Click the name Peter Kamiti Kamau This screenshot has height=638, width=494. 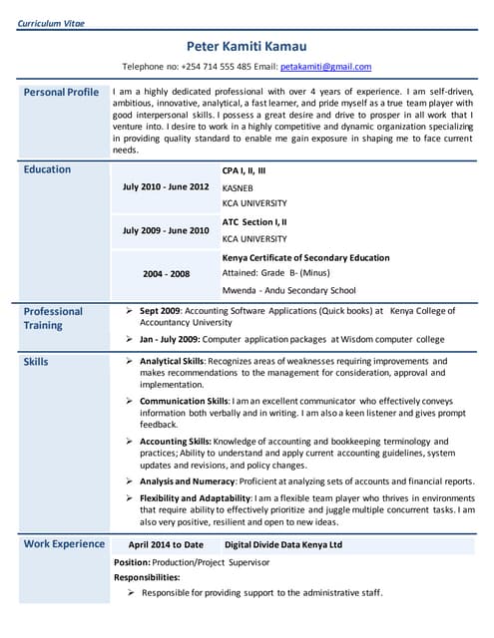[247, 46]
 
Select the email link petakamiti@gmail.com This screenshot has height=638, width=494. [325, 67]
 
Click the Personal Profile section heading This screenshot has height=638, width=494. [61, 93]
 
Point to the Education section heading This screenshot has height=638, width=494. [47, 169]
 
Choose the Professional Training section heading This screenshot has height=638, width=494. [53, 318]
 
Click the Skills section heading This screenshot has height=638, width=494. [35, 361]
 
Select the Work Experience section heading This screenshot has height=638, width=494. [64, 544]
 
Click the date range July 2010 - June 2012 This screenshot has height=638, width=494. [166, 186]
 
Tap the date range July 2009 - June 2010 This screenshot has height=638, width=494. [166, 230]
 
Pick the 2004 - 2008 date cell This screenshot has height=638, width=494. [166, 273]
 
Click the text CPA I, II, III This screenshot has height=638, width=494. [244, 170]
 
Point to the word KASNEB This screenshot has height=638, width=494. [238, 187]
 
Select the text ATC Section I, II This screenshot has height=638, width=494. [254, 222]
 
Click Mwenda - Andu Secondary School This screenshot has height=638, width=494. [288, 291]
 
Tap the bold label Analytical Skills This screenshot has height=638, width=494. [172, 361]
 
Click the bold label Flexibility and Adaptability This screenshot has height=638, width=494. [195, 497]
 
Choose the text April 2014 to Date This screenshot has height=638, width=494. [166, 545]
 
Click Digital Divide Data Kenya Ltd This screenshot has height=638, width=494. [283, 545]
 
